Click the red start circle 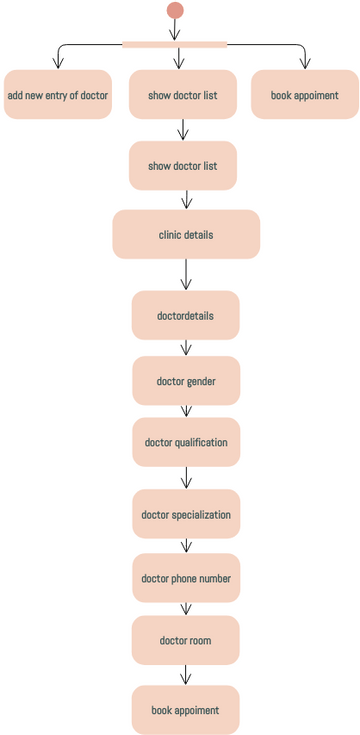[x=175, y=10]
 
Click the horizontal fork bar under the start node [x=175, y=44]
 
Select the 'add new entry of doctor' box [x=58, y=96]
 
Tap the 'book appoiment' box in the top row [x=304, y=96]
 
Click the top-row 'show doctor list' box [x=183, y=96]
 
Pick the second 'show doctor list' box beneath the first [x=183, y=166]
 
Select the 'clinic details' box [x=186, y=235]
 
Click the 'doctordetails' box [x=185, y=316]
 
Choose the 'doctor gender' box [x=186, y=381]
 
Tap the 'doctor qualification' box [x=186, y=442]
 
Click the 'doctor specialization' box [x=186, y=515]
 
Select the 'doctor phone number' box [x=186, y=578]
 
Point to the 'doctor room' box [x=185, y=640]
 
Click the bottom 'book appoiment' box [x=185, y=710]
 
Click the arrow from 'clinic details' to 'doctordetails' [x=186, y=275]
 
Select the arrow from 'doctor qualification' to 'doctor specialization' [x=186, y=478]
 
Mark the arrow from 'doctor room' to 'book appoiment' [x=185, y=675]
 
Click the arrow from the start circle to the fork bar [x=175, y=29]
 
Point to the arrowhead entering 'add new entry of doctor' [x=58, y=64]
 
